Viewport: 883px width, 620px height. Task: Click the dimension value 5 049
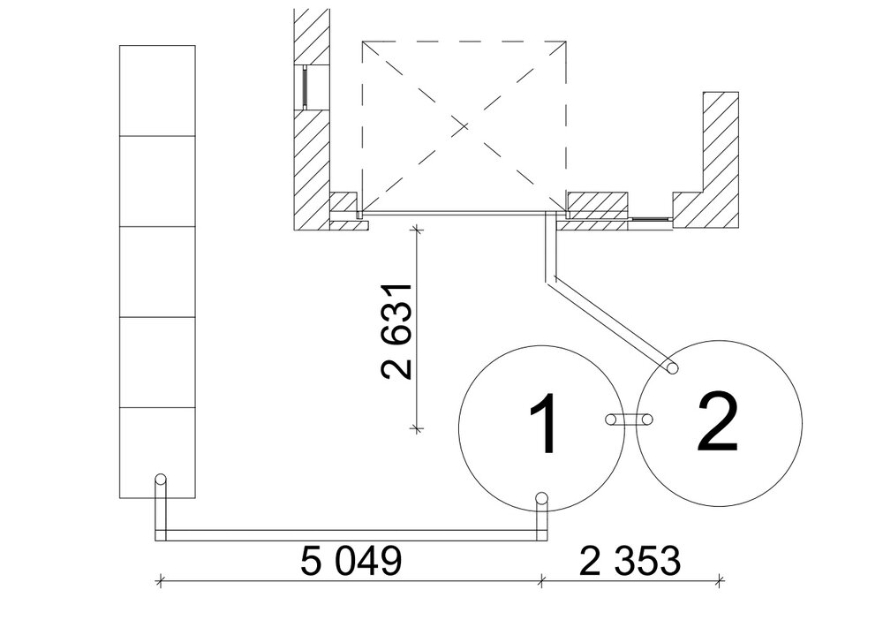tap(351, 561)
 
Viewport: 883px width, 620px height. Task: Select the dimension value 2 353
tap(630, 561)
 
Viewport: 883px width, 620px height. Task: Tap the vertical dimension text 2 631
tap(397, 332)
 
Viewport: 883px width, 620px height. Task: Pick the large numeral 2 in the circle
tap(717, 422)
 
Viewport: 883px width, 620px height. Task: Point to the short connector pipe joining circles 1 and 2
tap(629, 420)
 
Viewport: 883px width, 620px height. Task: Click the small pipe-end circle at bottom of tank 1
tap(542, 498)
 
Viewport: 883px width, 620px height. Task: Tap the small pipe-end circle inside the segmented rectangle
tap(161, 480)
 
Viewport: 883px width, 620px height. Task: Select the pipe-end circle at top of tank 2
tap(671, 368)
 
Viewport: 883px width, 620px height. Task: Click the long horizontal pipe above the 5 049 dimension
tap(351, 535)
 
